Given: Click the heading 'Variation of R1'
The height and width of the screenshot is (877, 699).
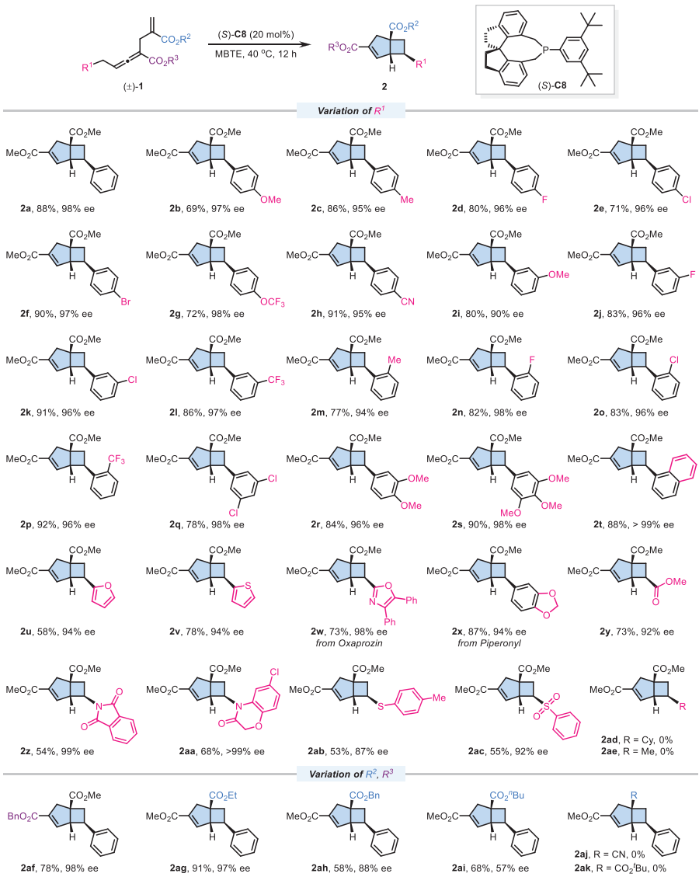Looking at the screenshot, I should coord(349,112).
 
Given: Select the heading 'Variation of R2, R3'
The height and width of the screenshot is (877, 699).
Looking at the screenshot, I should coord(349,752).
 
